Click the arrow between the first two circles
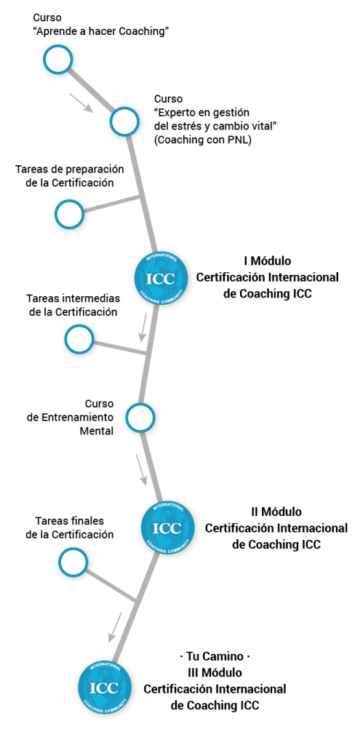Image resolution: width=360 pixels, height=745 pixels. point(81,103)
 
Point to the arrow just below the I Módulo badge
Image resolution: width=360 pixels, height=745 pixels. point(143,327)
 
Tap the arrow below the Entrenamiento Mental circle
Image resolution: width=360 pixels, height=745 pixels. point(142,470)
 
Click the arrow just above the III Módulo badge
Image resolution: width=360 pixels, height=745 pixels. point(114,627)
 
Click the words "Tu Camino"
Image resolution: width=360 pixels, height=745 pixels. point(215,656)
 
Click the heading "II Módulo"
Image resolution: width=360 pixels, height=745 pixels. point(276,511)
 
